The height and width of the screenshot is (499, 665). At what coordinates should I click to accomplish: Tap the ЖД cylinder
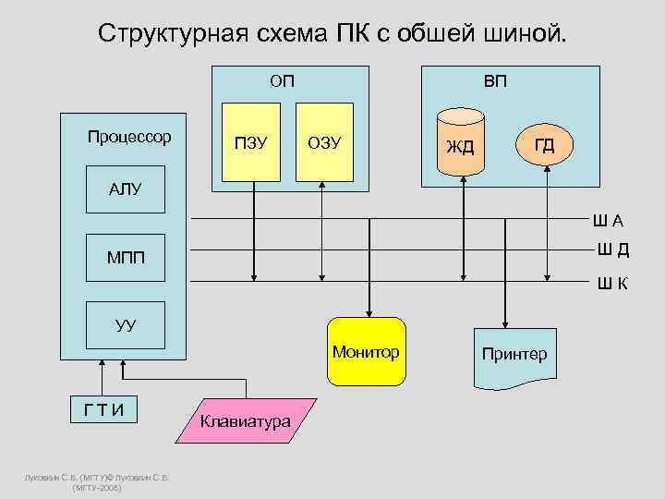(x=461, y=143)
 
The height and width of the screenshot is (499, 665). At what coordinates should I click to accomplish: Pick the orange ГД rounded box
(x=545, y=143)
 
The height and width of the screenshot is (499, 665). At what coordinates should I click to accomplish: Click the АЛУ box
(x=125, y=189)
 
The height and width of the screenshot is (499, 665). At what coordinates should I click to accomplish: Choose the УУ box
(x=125, y=324)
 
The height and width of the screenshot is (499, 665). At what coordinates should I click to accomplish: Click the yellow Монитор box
(x=367, y=352)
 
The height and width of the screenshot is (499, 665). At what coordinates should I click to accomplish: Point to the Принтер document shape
(x=514, y=354)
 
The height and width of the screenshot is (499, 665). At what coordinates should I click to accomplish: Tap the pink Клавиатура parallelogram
(x=245, y=421)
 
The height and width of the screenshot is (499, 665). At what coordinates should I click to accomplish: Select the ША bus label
(x=609, y=220)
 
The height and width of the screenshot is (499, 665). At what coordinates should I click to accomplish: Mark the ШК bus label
(x=611, y=283)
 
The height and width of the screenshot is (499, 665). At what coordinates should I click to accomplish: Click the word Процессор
(x=129, y=137)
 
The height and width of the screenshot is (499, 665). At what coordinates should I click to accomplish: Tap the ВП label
(x=495, y=81)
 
